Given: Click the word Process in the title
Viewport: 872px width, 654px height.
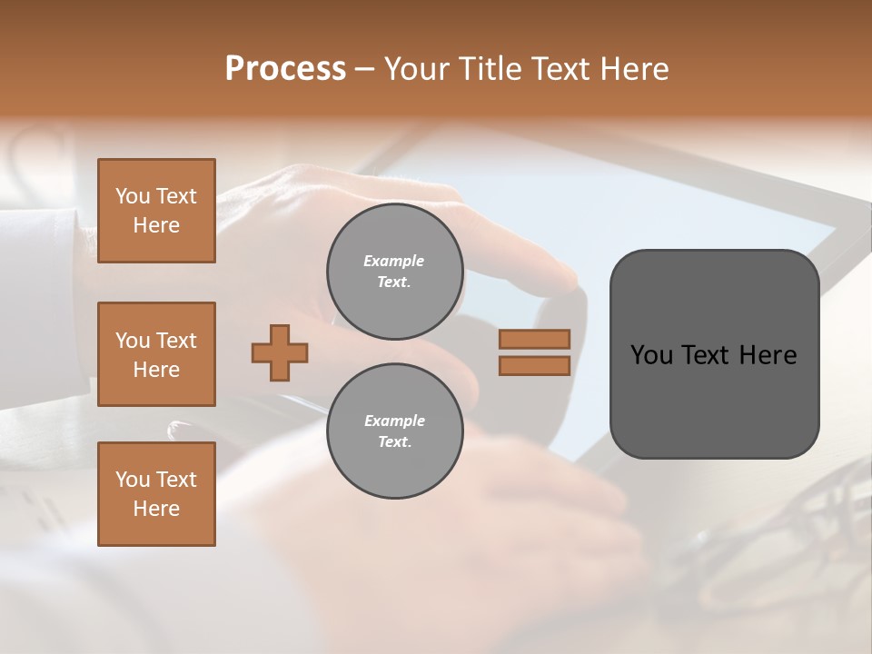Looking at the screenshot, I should click(285, 69).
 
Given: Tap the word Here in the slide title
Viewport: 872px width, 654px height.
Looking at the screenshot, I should click(632, 69).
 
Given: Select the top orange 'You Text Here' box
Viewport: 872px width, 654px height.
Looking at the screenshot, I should click(156, 211).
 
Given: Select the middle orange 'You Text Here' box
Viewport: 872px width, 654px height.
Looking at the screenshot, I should click(156, 354).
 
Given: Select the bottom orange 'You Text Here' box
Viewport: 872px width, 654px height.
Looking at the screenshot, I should click(156, 494).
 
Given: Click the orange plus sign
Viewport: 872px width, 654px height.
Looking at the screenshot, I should click(280, 352).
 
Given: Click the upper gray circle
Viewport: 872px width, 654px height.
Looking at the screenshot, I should click(394, 272).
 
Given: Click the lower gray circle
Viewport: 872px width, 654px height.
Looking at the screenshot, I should click(394, 431).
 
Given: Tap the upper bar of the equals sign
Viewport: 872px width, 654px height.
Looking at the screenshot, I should click(534, 339).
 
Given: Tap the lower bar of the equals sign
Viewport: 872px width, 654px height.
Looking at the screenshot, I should click(534, 365).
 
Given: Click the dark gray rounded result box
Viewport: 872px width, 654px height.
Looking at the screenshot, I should click(714, 354).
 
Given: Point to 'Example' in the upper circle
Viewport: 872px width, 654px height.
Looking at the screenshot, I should click(394, 262).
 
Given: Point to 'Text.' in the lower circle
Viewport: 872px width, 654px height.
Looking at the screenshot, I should click(394, 442).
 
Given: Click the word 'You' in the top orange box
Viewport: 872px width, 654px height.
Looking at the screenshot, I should click(133, 196).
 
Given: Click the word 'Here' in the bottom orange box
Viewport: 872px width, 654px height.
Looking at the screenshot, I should click(156, 509).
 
